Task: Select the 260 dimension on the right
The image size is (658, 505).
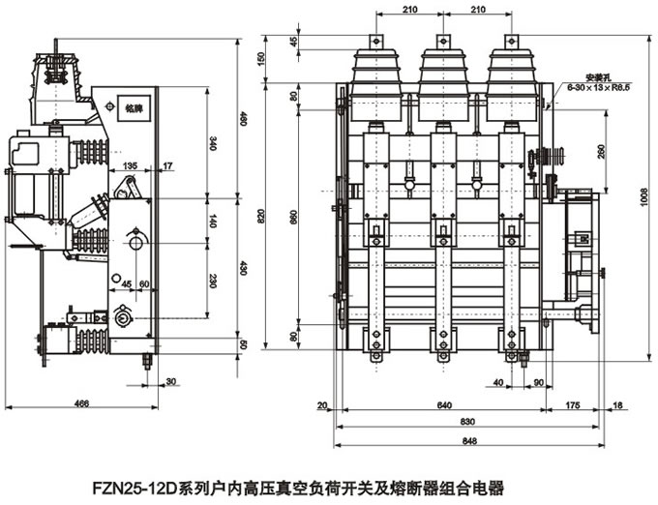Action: (602, 152)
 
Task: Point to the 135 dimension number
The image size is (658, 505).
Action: (130, 166)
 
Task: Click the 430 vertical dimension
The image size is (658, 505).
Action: (244, 266)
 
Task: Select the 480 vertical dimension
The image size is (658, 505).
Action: (244, 119)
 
